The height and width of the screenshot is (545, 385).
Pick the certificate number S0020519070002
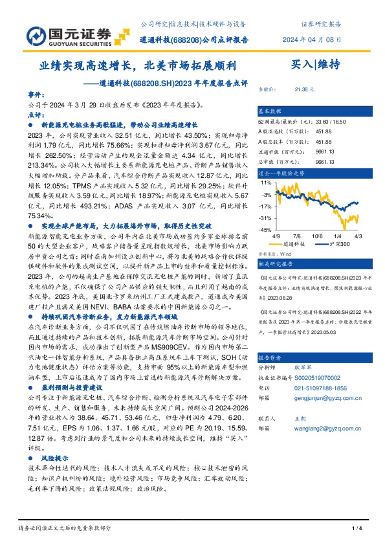[318, 375]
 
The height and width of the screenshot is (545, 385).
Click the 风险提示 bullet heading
[56, 438]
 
